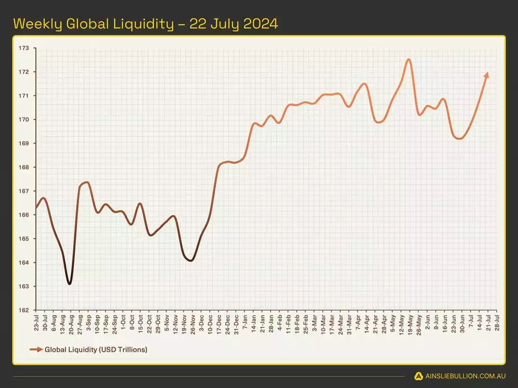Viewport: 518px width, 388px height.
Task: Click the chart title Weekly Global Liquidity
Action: tap(145, 24)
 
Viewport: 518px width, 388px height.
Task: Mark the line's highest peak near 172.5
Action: tap(409, 59)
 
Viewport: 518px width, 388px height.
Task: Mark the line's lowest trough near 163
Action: tap(69, 283)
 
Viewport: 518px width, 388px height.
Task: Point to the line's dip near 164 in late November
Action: tap(191, 260)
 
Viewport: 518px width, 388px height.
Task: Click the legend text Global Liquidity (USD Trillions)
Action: tap(96, 350)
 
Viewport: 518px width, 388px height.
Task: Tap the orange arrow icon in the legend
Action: tap(36, 350)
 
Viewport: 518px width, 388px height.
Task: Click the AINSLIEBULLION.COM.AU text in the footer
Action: tap(465, 376)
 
